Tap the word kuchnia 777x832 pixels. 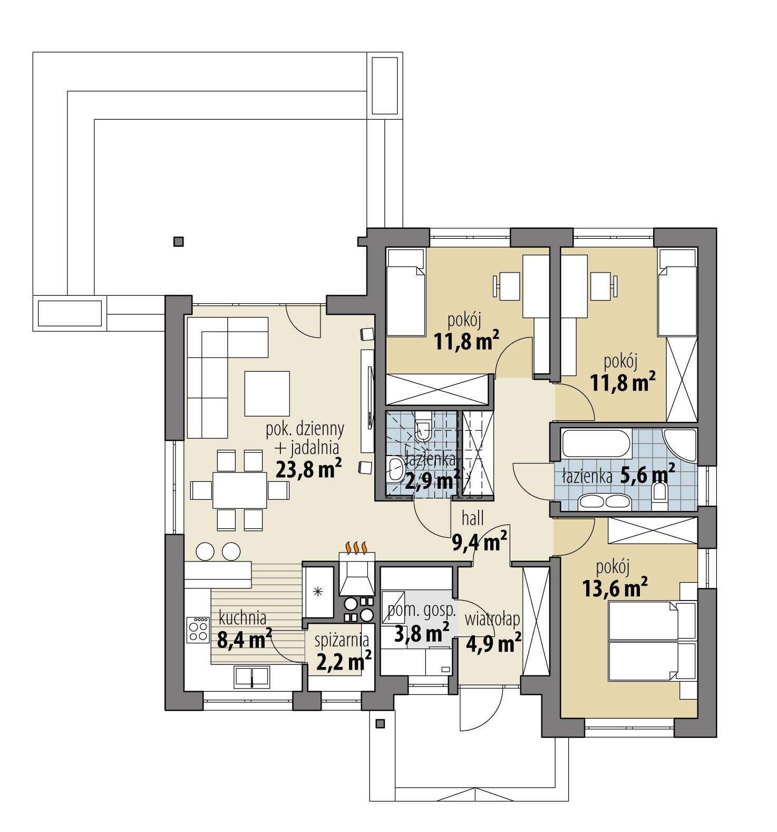242,617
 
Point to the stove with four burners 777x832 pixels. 199,630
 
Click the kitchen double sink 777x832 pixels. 252,676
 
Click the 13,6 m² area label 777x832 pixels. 615,588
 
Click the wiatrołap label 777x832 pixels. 492,619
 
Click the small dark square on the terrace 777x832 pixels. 179,242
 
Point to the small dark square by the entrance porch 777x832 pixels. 379,723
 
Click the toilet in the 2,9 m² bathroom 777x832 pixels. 423,430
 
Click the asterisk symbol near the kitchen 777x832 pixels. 318,592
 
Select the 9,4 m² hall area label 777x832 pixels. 480,541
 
